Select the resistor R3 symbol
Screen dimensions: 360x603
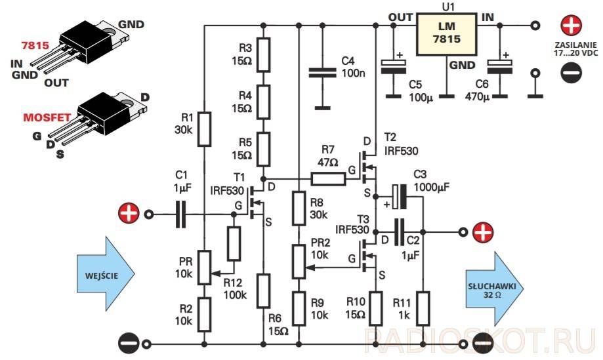(x=262, y=54)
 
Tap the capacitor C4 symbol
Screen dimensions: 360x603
(x=322, y=73)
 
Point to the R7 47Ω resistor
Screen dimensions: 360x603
(x=328, y=178)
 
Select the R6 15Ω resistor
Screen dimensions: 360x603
(x=262, y=291)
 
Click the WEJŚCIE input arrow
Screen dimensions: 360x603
(x=105, y=273)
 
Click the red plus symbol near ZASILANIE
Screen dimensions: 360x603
(x=572, y=26)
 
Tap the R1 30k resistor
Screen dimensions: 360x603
(x=205, y=129)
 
